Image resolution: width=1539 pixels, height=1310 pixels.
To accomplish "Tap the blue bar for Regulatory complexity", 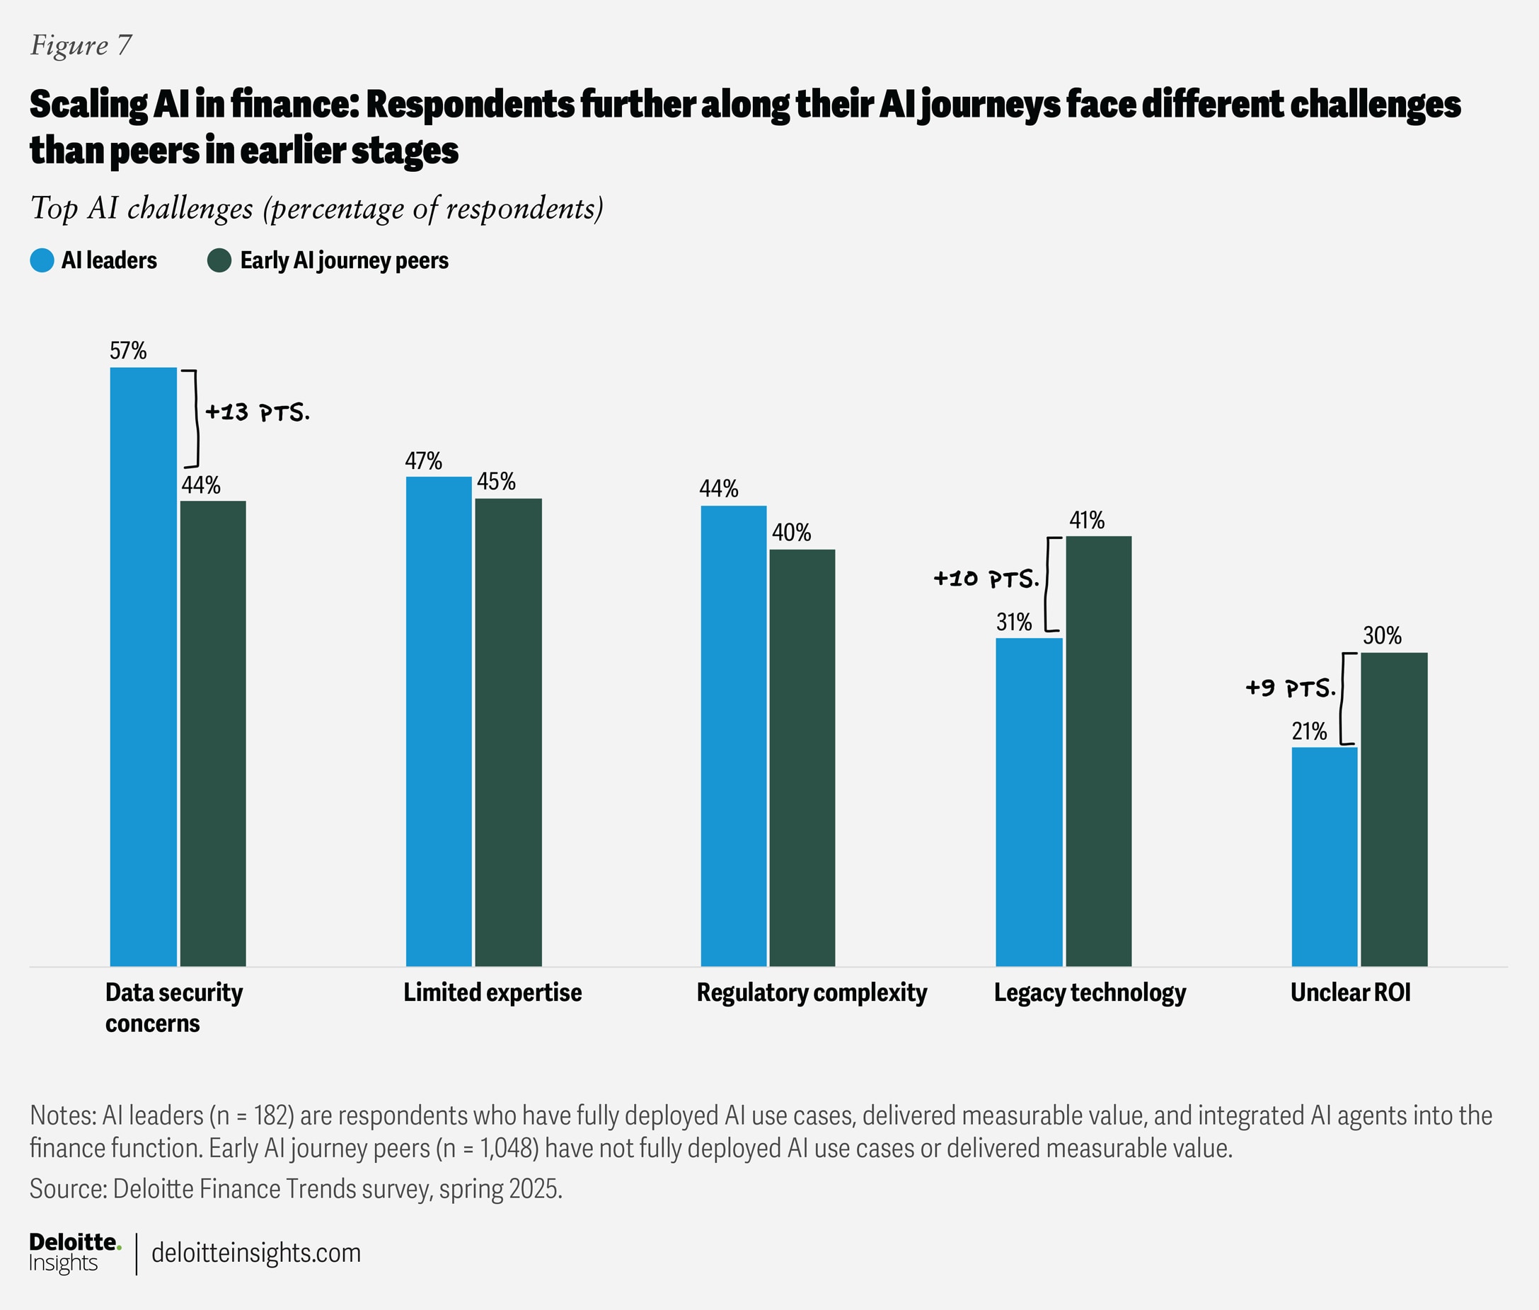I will click(733, 735).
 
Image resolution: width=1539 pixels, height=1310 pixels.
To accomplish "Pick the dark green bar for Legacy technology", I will click(1099, 750).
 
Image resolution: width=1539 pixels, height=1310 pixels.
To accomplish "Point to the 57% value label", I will click(128, 351).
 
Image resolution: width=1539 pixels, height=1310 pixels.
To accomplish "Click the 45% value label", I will click(496, 482).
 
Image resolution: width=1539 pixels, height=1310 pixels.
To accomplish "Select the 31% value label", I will click(1014, 622).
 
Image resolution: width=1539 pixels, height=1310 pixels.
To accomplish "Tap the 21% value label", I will click(1309, 731).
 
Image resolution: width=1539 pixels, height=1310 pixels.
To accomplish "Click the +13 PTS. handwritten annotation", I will click(257, 412).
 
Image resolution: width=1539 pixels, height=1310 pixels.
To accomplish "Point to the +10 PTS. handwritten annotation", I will click(986, 579).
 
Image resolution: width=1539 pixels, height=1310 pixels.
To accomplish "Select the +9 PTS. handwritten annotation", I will click(1290, 688).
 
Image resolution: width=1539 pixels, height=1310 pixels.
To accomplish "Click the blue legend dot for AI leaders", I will click(42, 261).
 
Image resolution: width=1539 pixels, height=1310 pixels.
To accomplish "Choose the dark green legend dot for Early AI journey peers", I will click(219, 261).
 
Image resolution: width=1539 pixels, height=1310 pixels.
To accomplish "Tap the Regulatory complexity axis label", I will click(812, 993).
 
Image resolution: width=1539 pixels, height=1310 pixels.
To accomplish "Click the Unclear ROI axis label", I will click(1349, 993).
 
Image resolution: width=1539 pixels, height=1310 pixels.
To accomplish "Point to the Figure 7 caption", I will click(81, 45).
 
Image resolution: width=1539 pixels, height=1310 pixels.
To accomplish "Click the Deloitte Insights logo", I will click(74, 1253).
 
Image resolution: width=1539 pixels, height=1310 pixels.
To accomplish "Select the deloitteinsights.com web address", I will click(256, 1253).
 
